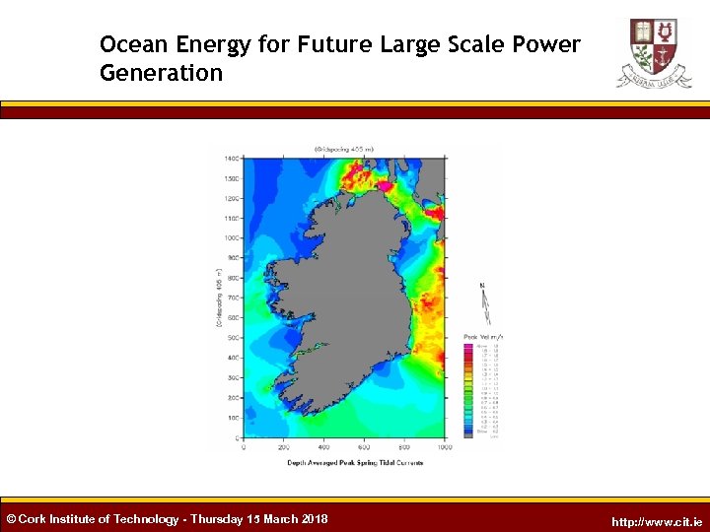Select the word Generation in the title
click(x=161, y=74)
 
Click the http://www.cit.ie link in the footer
click(x=657, y=521)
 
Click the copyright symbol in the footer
click(x=11, y=519)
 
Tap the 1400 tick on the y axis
click(x=231, y=158)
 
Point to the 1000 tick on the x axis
click(x=444, y=447)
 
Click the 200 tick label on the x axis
click(x=285, y=447)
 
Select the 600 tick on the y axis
click(x=232, y=318)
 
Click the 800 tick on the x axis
click(x=404, y=447)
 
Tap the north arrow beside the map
click(x=483, y=304)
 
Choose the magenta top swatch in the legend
click(x=468, y=346)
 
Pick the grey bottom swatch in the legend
click(x=468, y=435)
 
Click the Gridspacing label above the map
click(x=342, y=149)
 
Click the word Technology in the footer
click(x=146, y=519)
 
